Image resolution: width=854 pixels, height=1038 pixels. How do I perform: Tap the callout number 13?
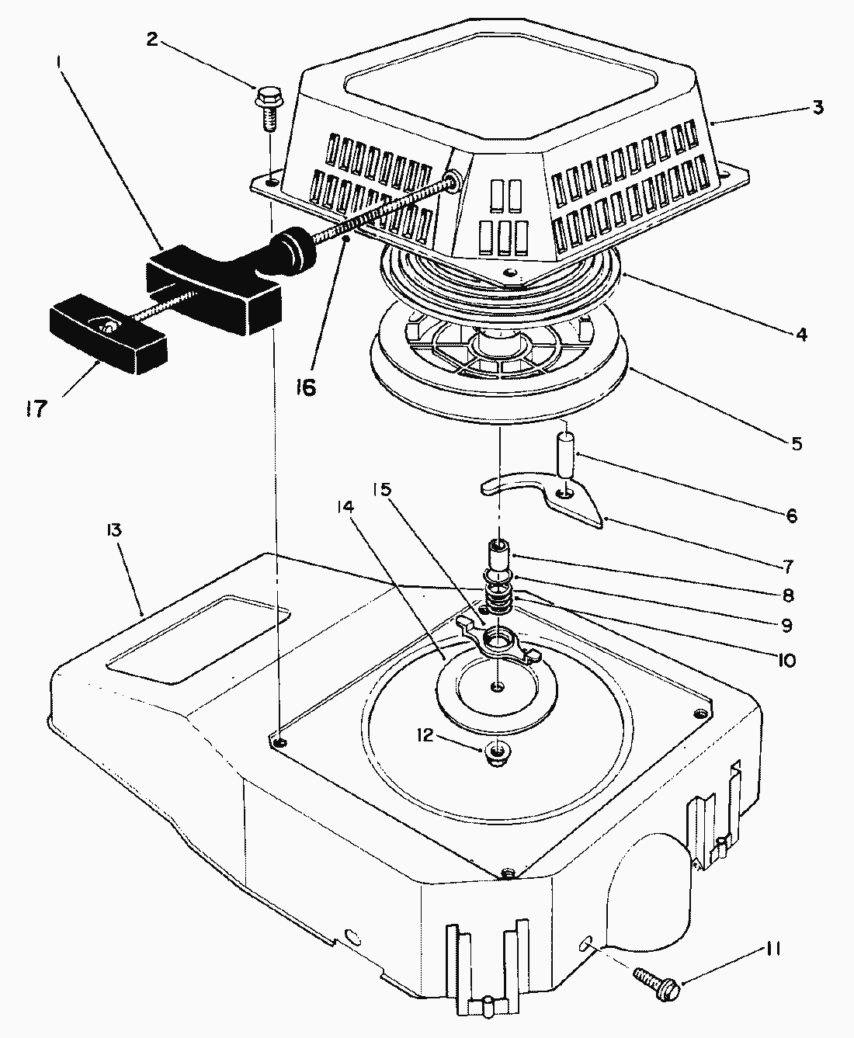click(113, 531)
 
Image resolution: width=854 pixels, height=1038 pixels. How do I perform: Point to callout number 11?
click(772, 949)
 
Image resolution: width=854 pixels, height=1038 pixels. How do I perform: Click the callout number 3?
click(818, 108)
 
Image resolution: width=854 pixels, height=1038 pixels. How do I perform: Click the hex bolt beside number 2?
click(267, 108)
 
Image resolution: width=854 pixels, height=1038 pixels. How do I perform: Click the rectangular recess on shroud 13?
click(198, 638)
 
